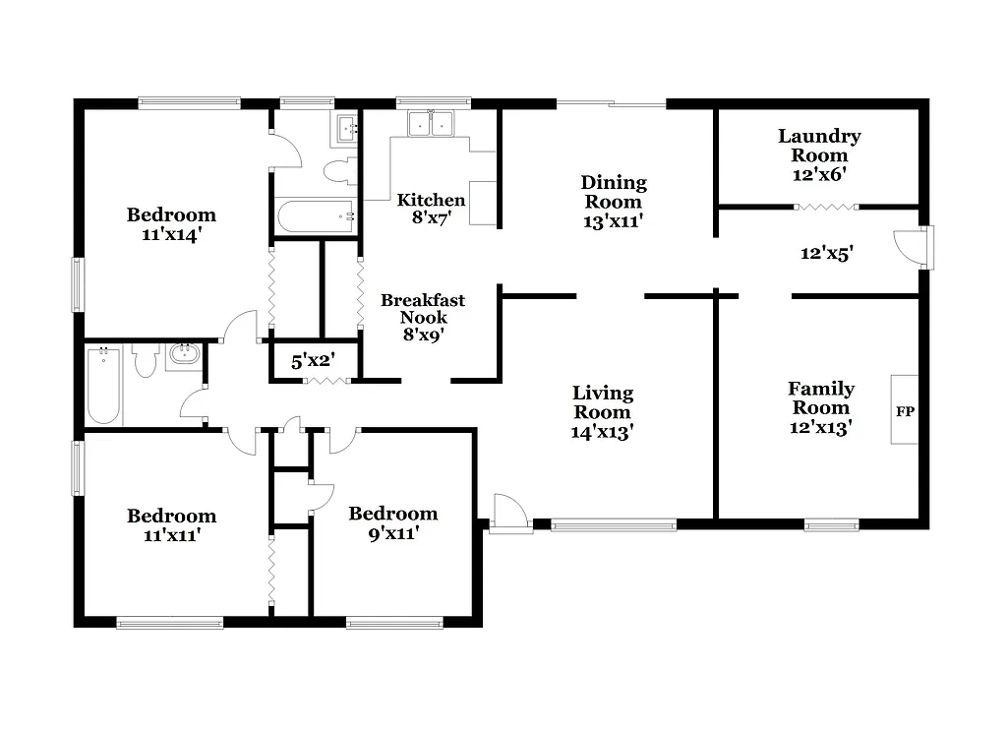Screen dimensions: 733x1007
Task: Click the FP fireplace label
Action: tap(904, 410)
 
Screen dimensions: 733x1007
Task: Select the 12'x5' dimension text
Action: tap(825, 253)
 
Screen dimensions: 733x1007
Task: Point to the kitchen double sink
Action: tap(431, 124)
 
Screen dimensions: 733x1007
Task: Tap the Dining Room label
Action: tap(614, 201)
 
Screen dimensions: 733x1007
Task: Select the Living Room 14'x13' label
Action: tap(603, 411)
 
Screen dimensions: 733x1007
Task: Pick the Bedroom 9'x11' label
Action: tap(392, 523)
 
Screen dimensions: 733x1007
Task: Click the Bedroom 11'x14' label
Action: tap(171, 224)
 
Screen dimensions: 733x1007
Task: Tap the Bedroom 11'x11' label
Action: tap(171, 525)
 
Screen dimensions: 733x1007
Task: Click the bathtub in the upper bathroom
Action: tap(315, 216)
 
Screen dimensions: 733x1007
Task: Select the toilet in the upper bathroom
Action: tap(337, 171)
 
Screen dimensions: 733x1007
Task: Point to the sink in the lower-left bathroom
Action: tap(183, 355)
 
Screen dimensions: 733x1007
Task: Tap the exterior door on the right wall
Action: tap(913, 247)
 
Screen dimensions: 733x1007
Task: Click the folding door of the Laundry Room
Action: tap(824, 207)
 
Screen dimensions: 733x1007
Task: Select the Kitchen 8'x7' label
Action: tap(431, 209)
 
